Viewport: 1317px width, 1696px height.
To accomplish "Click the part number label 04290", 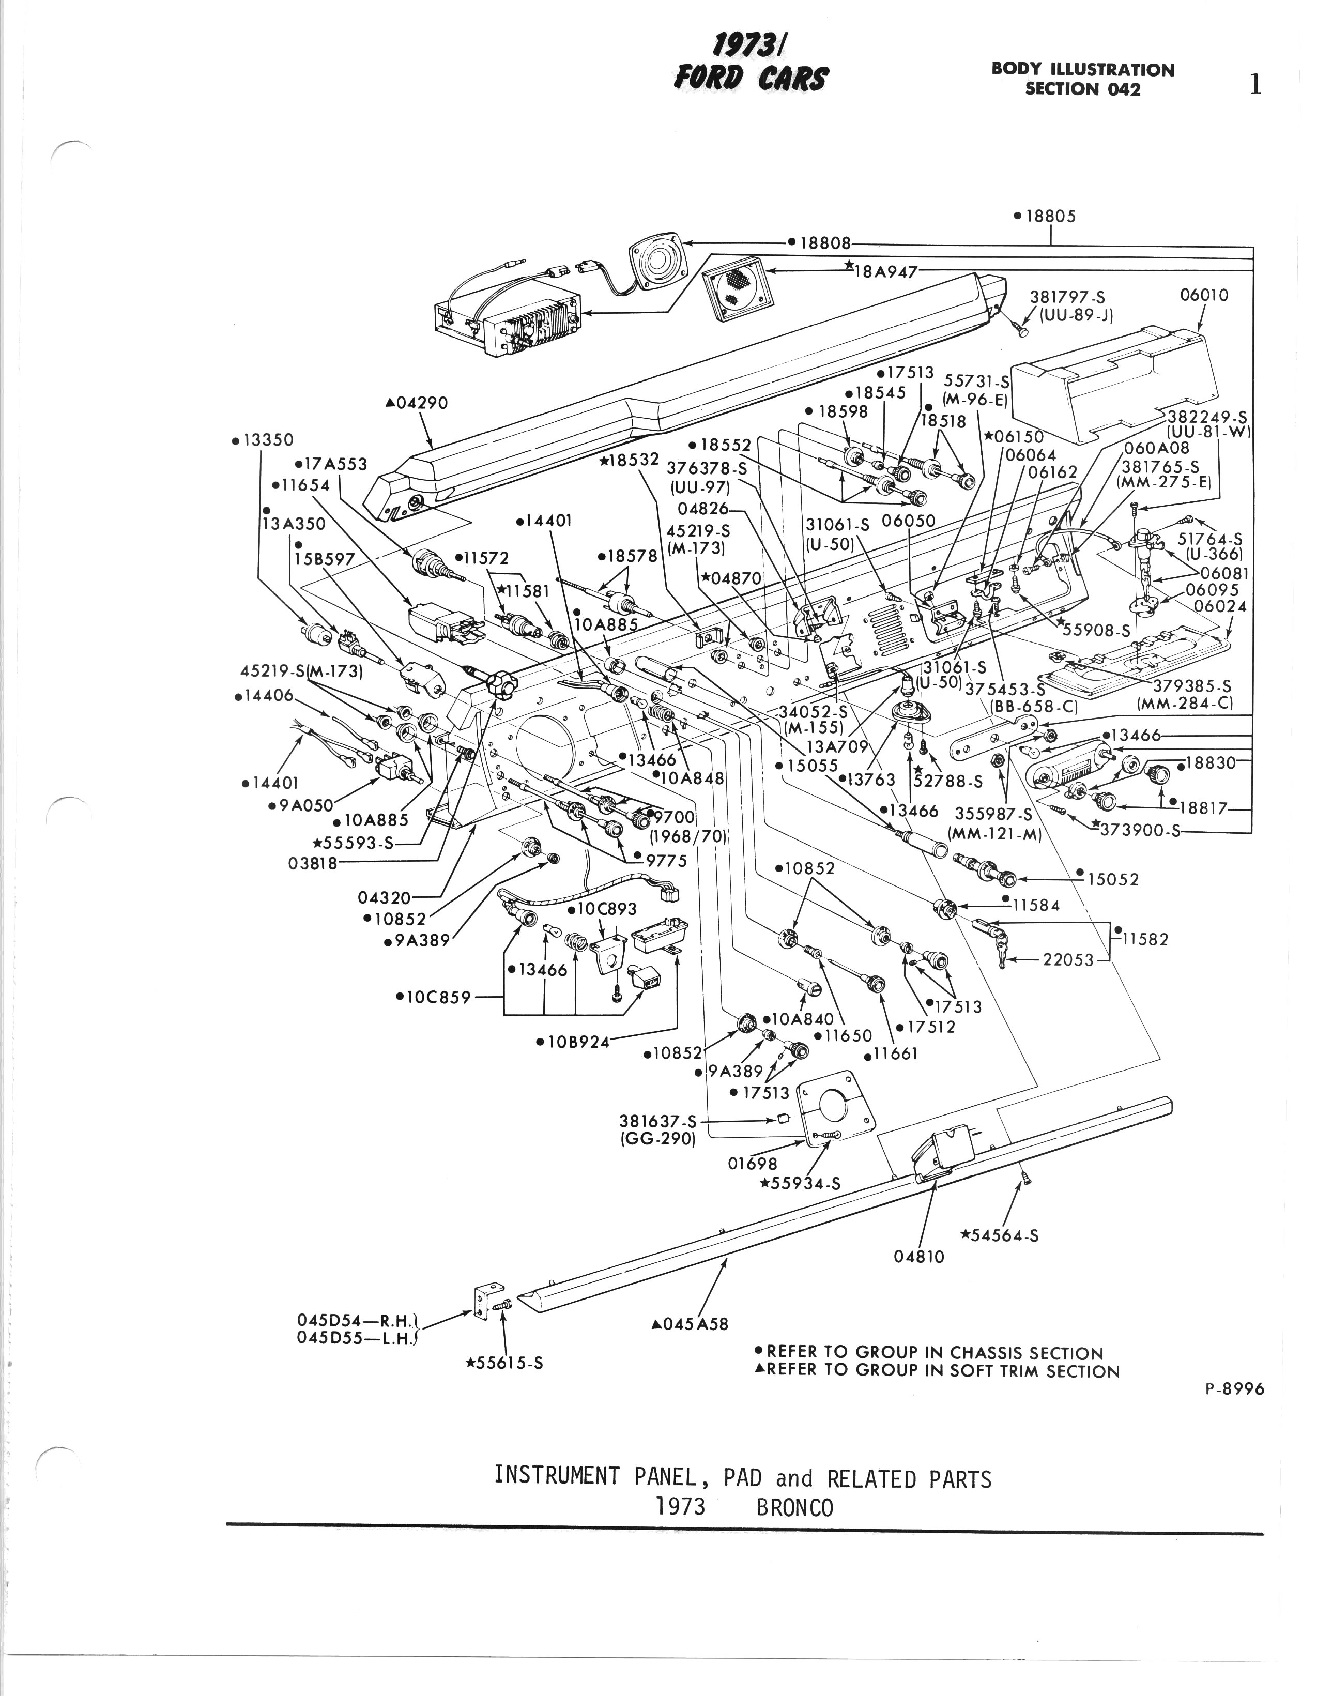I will (420, 403).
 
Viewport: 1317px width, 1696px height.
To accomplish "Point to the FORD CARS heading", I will (751, 78).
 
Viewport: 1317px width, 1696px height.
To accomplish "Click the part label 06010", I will (1204, 295).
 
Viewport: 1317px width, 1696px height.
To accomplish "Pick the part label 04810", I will (918, 1257).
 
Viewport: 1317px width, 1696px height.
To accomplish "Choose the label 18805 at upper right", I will (1049, 216).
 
